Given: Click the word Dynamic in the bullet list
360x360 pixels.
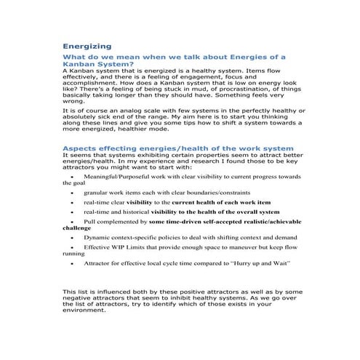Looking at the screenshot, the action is tap(98, 237).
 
